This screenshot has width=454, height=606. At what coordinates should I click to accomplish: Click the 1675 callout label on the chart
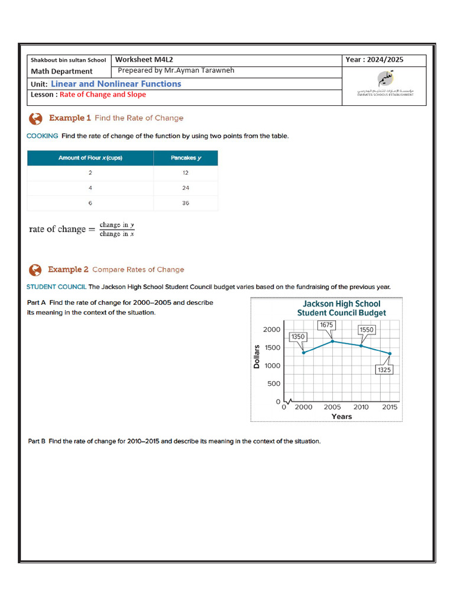click(327, 325)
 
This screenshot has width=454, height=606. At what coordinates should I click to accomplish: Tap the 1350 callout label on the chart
click(298, 337)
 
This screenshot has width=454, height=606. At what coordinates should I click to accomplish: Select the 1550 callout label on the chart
click(367, 329)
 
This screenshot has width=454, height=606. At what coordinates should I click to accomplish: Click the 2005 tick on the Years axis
click(332, 407)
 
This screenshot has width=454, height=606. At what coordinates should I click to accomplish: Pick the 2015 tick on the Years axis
click(390, 407)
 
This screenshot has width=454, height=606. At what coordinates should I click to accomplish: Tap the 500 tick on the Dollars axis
click(274, 383)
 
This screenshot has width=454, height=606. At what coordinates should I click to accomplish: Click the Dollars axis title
click(257, 356)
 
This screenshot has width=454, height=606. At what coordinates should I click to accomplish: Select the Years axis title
click(342, 417)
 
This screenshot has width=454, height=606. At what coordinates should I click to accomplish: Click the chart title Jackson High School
click(342, 304)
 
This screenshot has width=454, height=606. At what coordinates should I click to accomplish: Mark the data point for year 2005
click(333, 341)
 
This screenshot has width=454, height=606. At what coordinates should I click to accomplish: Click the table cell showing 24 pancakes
click(186, 188)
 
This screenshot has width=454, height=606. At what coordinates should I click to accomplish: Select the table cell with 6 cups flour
click(90, 203)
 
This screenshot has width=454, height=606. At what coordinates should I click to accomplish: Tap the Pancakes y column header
click(186, 158)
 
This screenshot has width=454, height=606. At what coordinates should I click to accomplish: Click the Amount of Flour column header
click(90, 158)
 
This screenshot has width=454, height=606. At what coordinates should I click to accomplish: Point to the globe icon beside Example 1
click(35, 118)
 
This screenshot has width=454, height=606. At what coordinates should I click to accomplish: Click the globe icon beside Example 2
click(35, 270)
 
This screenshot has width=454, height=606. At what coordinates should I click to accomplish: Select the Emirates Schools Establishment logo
click(385, 83)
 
